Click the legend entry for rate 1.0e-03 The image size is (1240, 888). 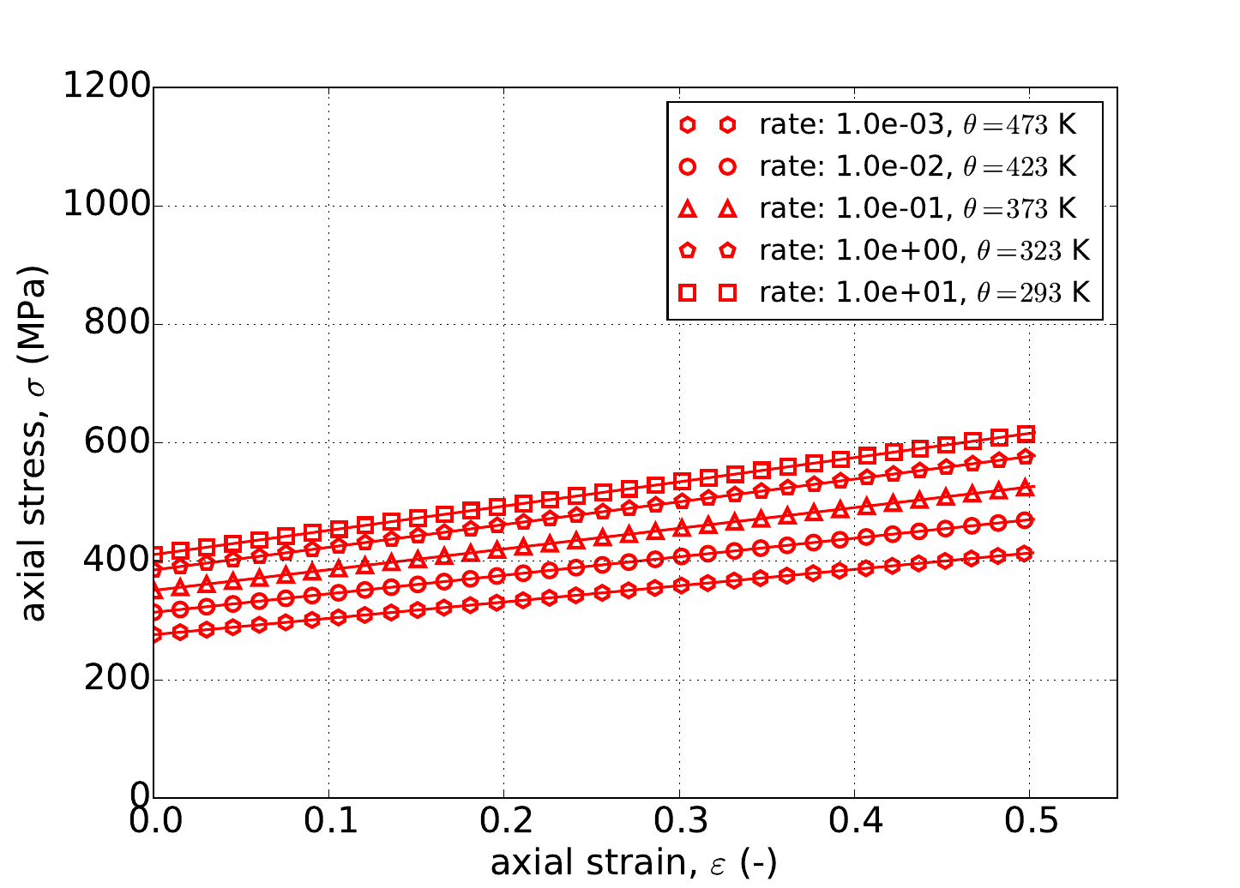(x=917, y=125)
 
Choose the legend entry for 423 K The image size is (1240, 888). (x=917, y=166)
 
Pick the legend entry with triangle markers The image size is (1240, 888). (x=917, y=208)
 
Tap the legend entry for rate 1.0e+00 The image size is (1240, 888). (x=924, y=250)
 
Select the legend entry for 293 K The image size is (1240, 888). (x=924, y=292)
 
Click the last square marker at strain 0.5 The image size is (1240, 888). (x=1026, y=434)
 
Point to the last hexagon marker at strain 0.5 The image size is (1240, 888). (x=1026, y=553)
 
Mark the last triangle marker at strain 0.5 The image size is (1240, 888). (x=1026, y=488)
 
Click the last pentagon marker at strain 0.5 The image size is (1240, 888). (x=1026, y=456)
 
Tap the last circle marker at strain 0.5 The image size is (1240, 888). (x=1026, y=520)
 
